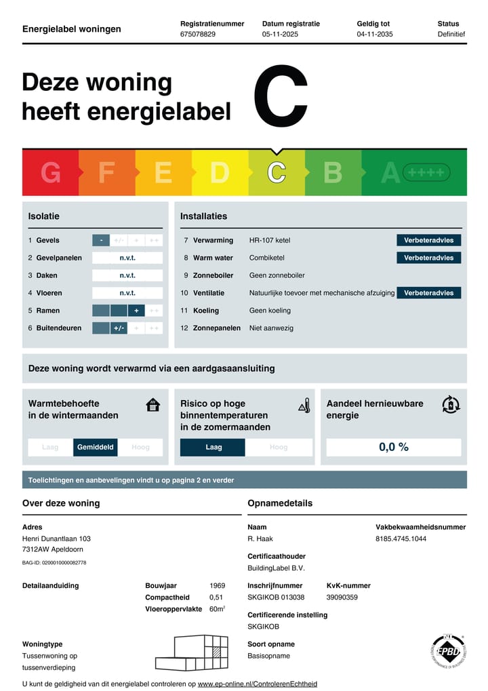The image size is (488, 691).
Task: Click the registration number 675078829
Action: point(198,34)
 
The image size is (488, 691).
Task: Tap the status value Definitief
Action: point(451,34)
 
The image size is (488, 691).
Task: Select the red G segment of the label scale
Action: point(51,173)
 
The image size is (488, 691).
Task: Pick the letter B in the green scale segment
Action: point(333,173)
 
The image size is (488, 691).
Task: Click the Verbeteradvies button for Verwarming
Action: point(428,240)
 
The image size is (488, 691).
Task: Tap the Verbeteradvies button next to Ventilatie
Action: point(428,293)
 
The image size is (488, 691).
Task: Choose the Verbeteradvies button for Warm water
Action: point(428,258)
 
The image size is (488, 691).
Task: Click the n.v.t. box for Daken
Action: point(127,275)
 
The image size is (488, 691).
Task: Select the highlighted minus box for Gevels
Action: point(100,240)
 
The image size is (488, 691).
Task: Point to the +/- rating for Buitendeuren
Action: point(119,328)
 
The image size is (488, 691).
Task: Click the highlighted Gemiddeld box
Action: point(96,448)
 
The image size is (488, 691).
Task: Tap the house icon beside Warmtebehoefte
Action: point(153,406)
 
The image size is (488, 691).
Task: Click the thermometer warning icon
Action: point(304,406)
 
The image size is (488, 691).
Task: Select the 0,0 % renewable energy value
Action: point(393,448)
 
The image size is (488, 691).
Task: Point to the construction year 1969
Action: point(218,585)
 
